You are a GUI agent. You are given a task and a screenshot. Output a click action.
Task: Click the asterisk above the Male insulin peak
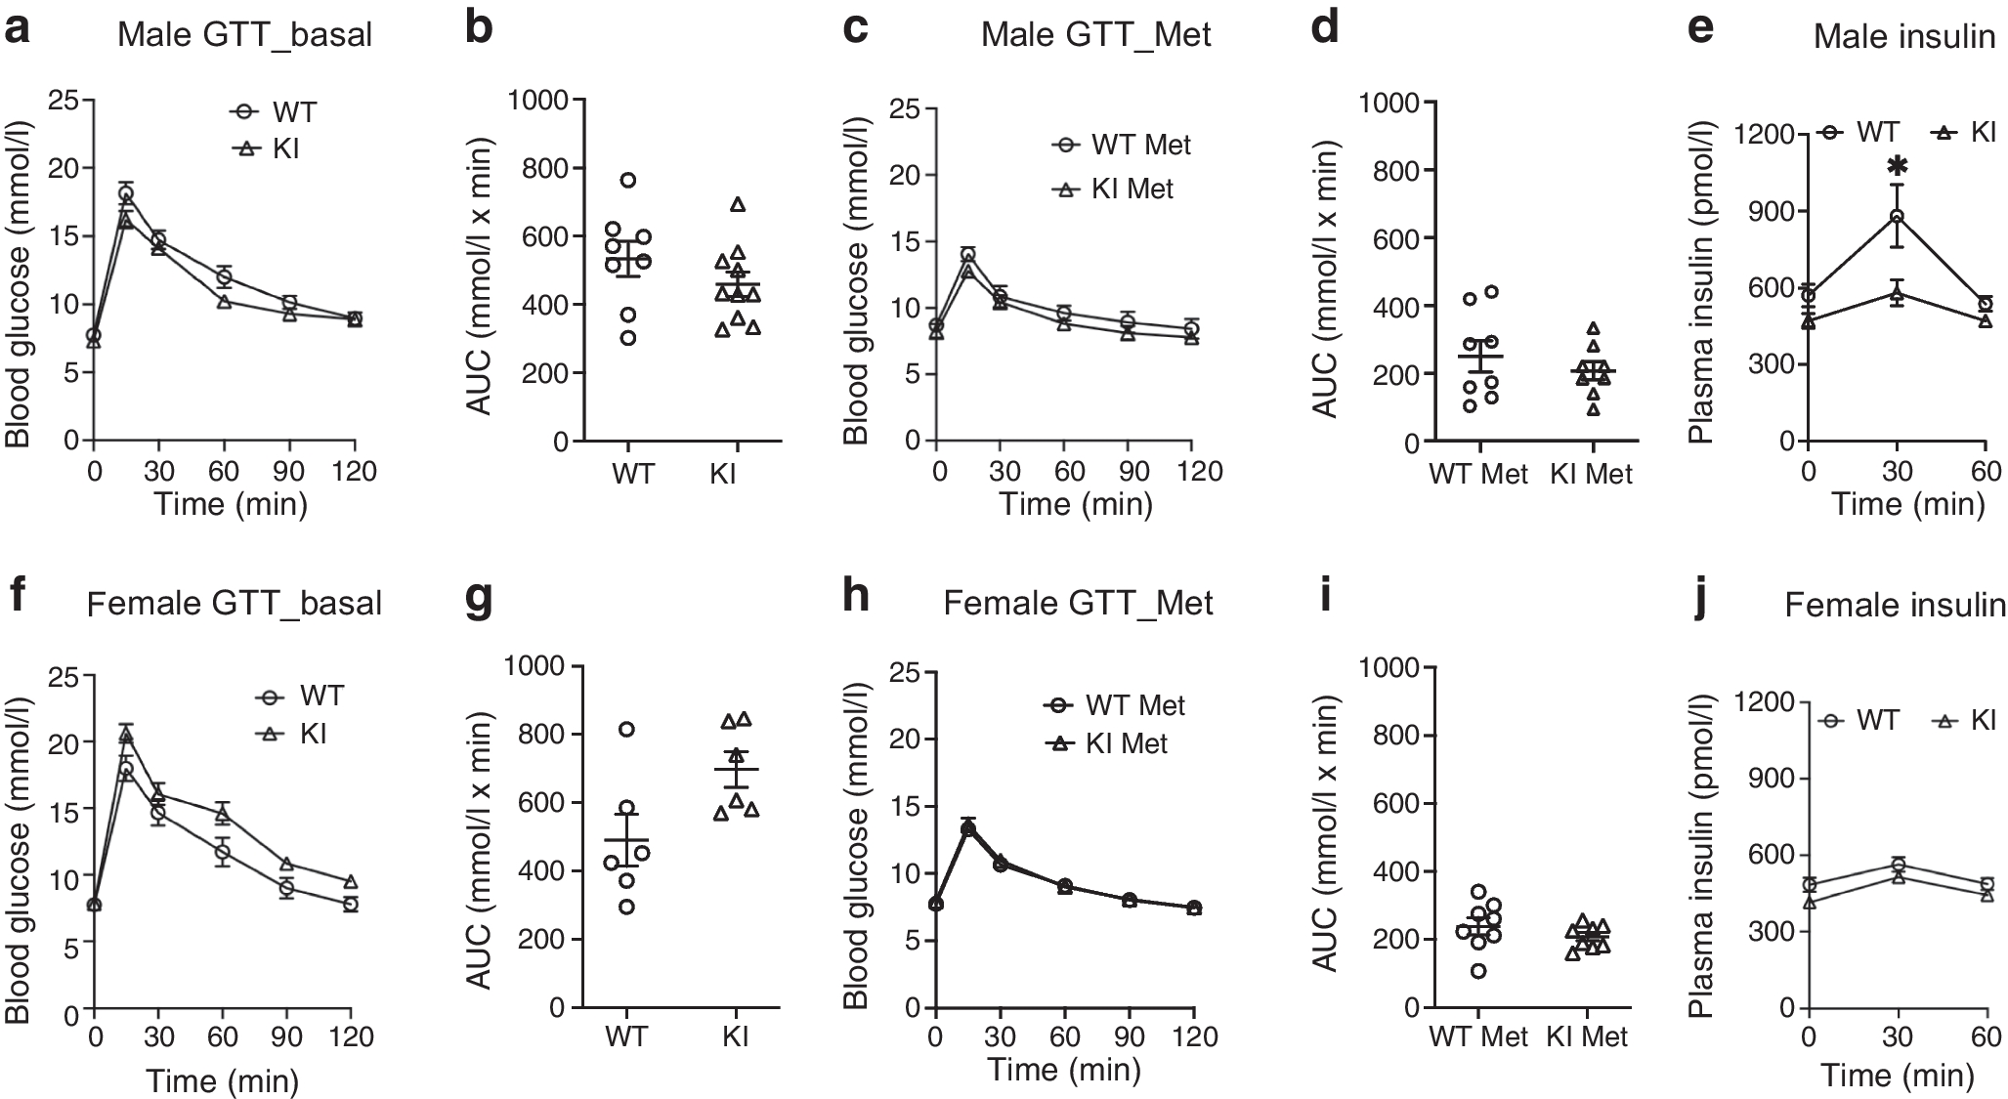pos(1897,165)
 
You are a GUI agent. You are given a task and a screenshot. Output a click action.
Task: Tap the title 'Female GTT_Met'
pos(1078,603)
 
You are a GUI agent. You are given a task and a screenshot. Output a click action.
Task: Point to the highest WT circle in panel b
pos(628,180)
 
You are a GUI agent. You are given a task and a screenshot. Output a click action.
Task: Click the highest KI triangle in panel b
pos(738,204)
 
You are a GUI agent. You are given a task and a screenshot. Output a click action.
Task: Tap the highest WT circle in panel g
pos(626,729)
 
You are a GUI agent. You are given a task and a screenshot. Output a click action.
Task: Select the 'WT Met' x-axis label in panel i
pos(1478,1036)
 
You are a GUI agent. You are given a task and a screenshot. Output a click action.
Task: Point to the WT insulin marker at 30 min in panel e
pos(1897,216)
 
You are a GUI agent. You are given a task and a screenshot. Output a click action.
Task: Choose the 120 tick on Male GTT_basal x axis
pos(354,472)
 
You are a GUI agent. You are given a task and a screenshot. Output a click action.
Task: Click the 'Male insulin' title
pos(1903,37)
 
